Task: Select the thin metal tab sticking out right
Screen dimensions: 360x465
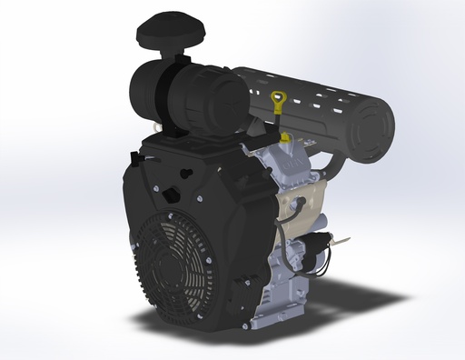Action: coord(343,241)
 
